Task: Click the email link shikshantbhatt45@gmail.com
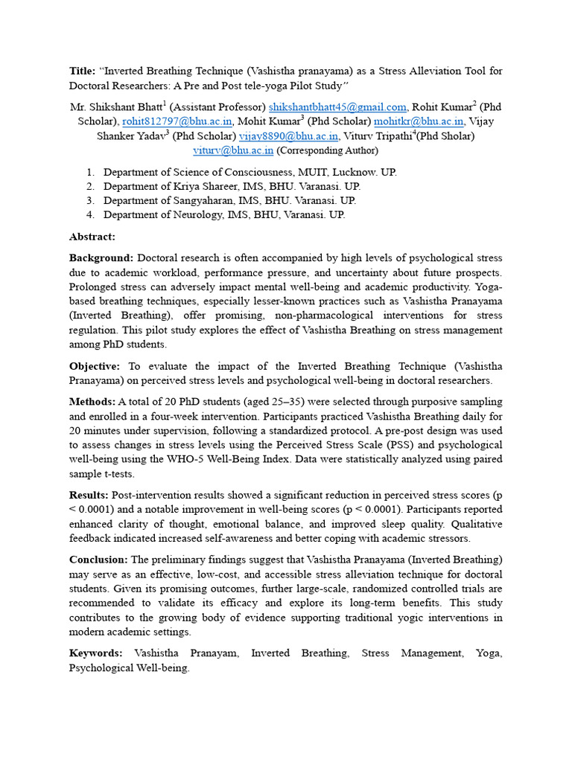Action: [337, 107]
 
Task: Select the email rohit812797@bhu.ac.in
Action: [178, 121]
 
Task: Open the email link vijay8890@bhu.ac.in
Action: [288, 135]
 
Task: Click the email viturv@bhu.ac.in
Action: [233, 150]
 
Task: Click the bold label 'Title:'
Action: [82, 71]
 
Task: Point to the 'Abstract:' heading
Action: [92, 237]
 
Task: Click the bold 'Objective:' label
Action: [95, 366]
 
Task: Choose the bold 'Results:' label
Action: [89, 495]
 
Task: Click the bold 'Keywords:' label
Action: [96, 653]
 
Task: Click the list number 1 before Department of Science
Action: [89, 172]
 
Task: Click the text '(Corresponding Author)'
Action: [327, 150]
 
